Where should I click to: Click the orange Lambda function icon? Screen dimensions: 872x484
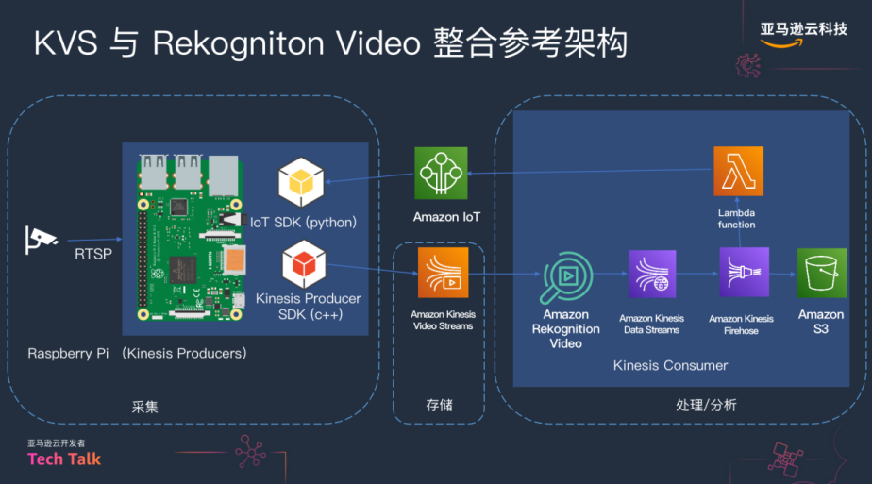point(738,172)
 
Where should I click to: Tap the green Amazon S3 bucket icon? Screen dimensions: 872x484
point(821,274)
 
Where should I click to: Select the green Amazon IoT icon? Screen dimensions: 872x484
point(441,173)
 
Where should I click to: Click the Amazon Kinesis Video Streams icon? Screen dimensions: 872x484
point(443,273)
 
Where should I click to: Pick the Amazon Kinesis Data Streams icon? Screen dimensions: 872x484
point(651,275)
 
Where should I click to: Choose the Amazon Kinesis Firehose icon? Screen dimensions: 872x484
point(744,273)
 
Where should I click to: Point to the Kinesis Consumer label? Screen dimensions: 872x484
point(670,365)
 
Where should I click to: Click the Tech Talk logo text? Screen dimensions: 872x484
point(64,459)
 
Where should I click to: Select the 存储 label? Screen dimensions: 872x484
point(439,405)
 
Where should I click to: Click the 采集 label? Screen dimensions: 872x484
point(144,408)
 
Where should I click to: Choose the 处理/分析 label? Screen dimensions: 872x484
point(706,405)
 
